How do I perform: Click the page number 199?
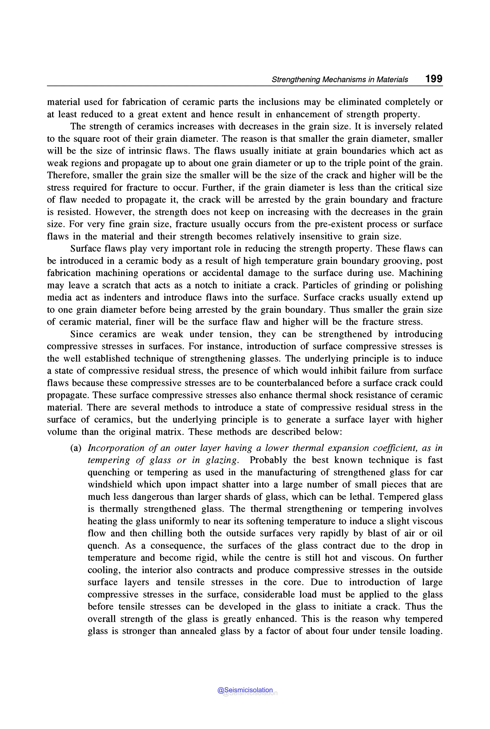tap(434, 79)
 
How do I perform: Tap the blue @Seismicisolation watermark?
tap(245, 690)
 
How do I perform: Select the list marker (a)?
tap(76, 448)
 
